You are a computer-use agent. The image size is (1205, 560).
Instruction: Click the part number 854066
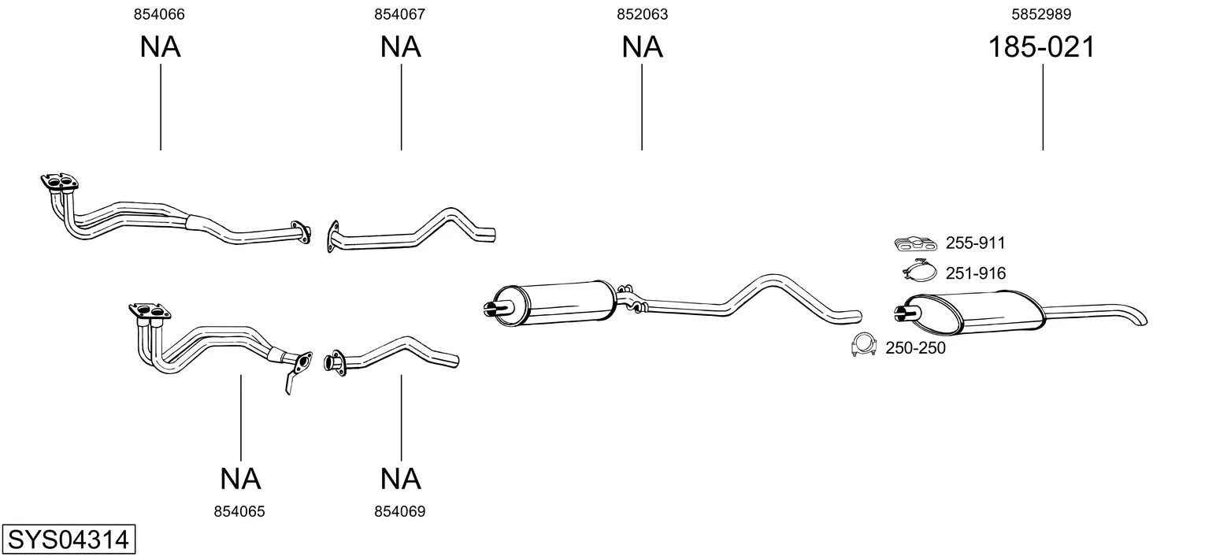click(x=159, y=14)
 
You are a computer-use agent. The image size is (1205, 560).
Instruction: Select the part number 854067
click(x=399, y=14)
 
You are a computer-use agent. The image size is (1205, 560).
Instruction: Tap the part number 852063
click(x=643, y=14)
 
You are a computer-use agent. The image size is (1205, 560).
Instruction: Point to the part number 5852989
click(x=1041, y=14)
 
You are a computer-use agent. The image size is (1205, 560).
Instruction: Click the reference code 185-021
click(x=1042, y=46)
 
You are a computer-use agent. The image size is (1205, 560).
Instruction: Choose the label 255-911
click(x=975, y=243)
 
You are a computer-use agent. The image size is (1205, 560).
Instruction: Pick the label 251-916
click(x=976, y=273)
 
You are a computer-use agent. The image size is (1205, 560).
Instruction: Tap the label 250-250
click(x=916, y=348)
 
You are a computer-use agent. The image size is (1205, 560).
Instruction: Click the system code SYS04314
click(x=69, y=539)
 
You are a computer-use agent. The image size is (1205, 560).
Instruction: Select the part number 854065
click(x=239, y=512)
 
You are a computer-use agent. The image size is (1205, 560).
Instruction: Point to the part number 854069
click(x=399, y=512)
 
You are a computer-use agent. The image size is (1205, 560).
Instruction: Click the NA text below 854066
click(x=161, y=46)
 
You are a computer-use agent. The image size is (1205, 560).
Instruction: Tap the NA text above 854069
click(x=401, y=479)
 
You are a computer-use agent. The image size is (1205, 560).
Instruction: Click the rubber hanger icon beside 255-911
click(x=916, y=243)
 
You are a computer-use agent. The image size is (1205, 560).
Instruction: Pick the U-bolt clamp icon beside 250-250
click(x=865, y=345)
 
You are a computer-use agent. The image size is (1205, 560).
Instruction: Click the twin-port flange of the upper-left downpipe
click(x=60, y=182)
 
